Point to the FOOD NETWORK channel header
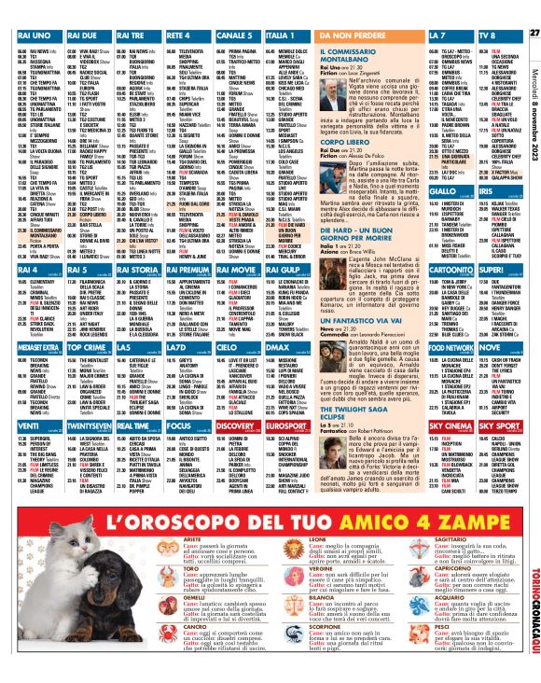[x=451, y=346]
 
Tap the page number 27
[x=534, y=8]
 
